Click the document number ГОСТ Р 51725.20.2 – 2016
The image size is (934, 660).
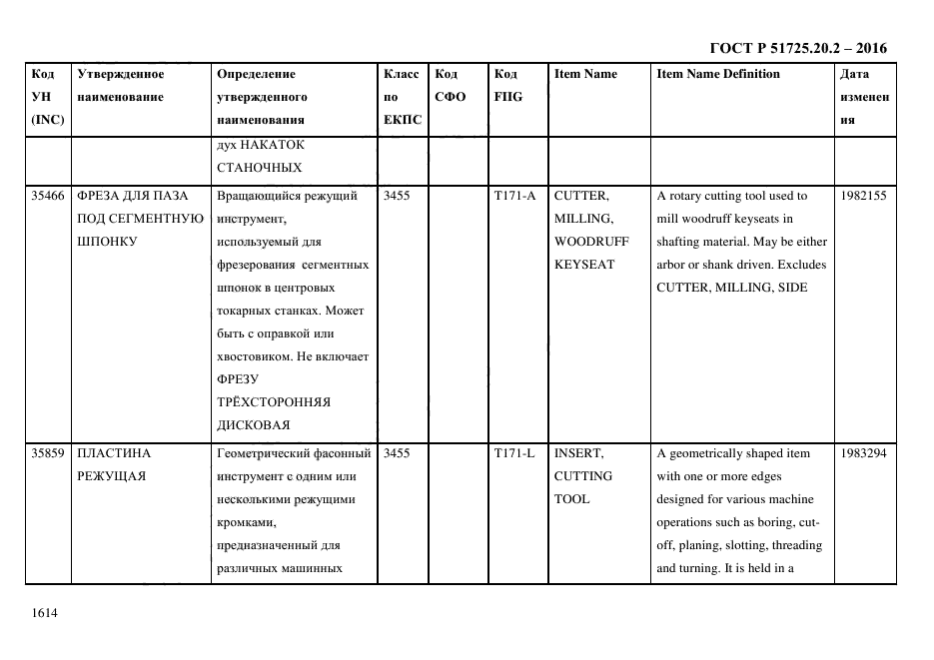click(797, 48)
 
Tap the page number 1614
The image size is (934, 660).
click(45, 612)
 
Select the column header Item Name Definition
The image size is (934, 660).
click(718, 74)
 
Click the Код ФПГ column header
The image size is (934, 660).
click(507, 86)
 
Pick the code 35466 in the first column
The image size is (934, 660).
click(47, 196)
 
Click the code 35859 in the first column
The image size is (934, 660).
click(47, 453)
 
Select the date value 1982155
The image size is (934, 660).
click(863, 196)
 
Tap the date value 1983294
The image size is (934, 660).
click(863, 453)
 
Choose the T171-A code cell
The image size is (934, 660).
click(514, 196)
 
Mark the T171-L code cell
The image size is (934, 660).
click(514, 453)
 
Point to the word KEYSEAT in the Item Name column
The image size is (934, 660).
click(584, 265)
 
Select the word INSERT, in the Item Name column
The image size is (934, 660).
click(578, 453)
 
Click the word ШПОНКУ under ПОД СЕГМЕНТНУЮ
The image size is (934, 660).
click(106, 242)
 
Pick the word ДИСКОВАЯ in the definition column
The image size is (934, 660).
click(253, 425)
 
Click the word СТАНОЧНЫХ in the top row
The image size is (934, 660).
click(259, 167)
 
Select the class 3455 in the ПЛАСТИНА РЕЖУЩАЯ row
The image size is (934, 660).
click(397, 453)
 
